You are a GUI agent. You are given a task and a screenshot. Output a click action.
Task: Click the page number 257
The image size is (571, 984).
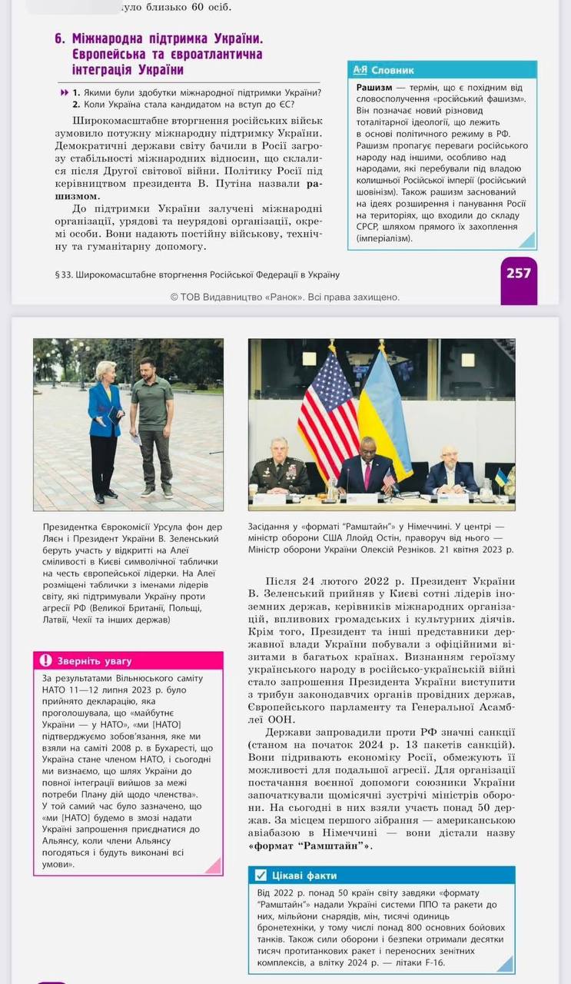tap(519, 273)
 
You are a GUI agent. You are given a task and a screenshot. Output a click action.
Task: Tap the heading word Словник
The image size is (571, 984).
tap(393, 70)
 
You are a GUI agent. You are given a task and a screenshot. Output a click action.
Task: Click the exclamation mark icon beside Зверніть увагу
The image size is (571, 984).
tap(45, 661)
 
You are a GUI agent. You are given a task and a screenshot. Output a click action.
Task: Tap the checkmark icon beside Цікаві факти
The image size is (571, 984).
tap(261, 875)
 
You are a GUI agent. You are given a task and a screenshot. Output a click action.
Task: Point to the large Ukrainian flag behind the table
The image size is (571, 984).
tap(385, 415)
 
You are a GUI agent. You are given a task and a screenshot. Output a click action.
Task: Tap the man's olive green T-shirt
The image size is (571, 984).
tap(152, 404)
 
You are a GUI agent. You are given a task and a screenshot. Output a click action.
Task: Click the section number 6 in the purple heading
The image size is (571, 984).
tap(58, 38)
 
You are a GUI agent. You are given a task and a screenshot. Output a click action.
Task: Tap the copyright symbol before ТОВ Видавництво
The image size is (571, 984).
tap(174, 298)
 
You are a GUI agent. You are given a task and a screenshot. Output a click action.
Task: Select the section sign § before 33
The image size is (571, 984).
tap(58, 274)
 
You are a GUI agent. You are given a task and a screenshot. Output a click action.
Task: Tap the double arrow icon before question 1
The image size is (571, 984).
tap(64, 93)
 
